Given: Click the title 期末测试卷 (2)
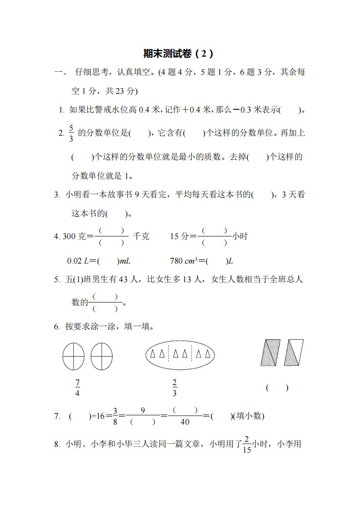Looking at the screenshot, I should [x=178, y=54].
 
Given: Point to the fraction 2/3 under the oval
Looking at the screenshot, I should [x=175, y=388].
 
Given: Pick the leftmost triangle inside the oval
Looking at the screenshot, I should [x=154, y=354].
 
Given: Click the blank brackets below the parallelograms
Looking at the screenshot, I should [x=277, y=388].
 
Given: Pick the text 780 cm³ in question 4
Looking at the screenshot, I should [x=185, y=261].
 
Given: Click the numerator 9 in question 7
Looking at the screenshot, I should [x=143, y=411].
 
